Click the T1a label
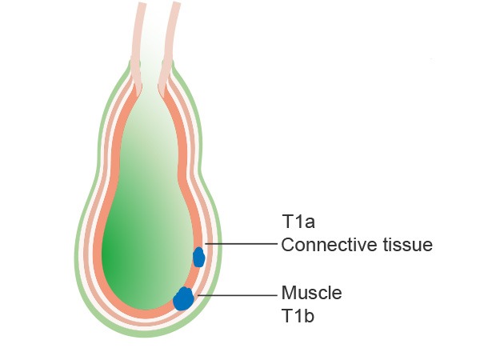[x=298, y=222]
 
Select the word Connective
[x=330, y=245]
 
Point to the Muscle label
[x=312, y=293]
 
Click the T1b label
[x=298, y=316]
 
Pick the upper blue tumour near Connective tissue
[x=198, y=257]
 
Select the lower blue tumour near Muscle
[x=183, y=298]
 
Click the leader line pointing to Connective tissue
[x=241, y=244]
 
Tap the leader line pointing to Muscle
[x=238, y=295]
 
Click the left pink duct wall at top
[x=138, y=46]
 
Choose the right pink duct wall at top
[x=170, y=46]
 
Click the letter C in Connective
[x=288, y=245]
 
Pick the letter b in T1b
[x=309, y=316]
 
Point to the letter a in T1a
[x=310, y=224]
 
